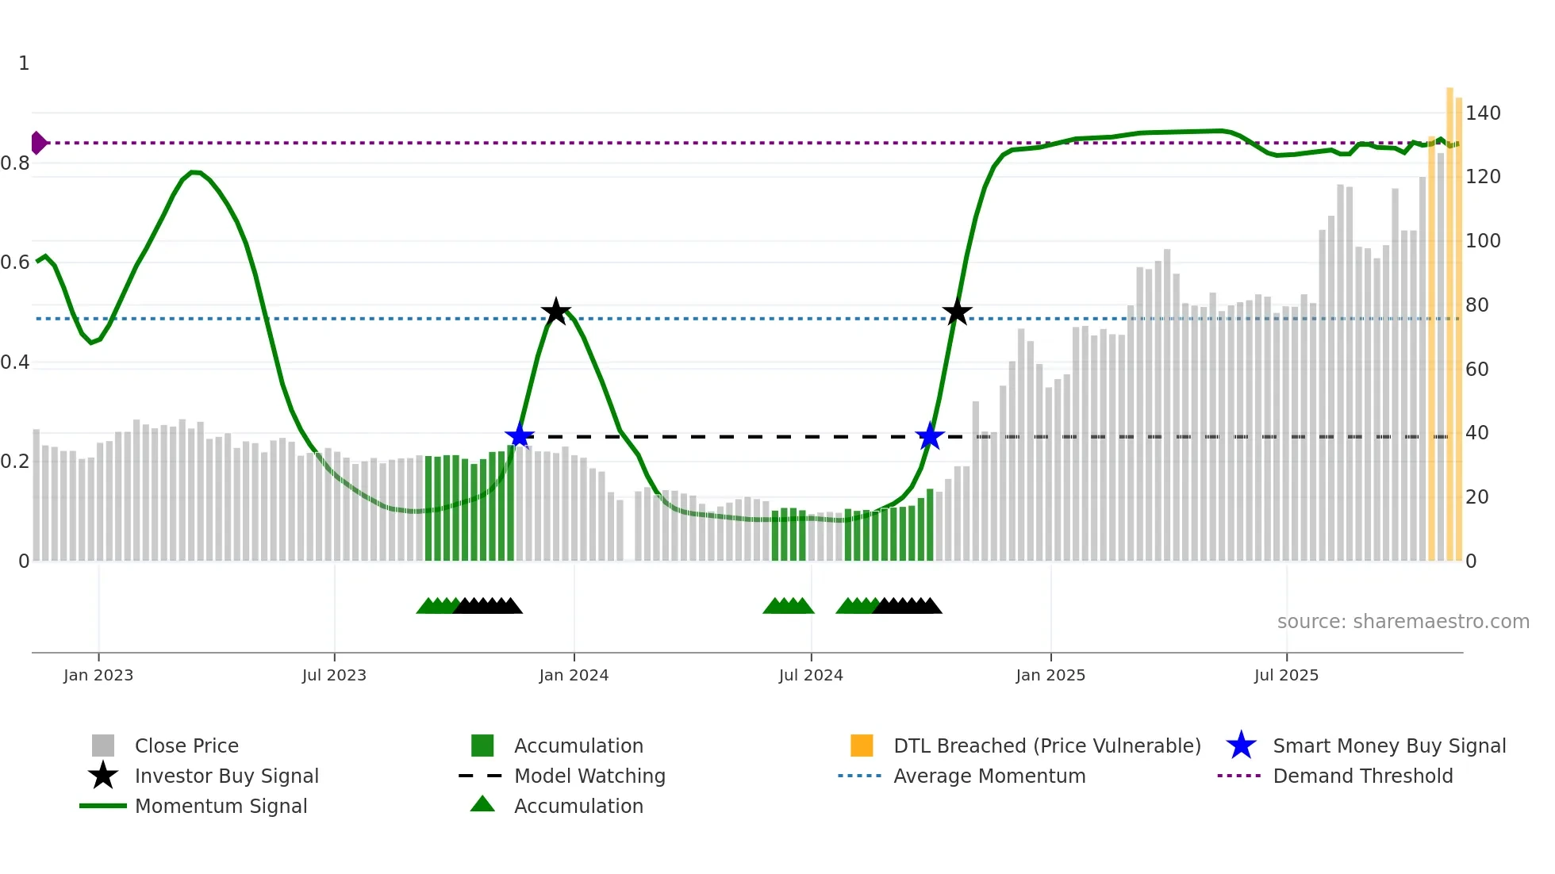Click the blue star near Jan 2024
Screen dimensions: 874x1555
point(520,436)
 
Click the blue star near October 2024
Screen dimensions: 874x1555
point(929,436)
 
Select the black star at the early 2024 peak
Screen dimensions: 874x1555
point(555,312)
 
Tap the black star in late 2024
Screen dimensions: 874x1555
point(957,312)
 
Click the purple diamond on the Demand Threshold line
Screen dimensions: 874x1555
point(38,143)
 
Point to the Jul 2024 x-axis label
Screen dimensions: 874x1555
point(811,675)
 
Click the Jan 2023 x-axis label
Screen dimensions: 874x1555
point(98,675)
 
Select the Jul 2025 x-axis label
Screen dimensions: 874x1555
point(1286,675)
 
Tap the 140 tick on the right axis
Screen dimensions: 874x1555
point(1482,113)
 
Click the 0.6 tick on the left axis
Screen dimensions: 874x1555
point(15,263)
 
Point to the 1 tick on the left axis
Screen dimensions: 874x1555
point(24,63)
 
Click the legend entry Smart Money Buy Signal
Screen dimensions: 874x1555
point(1388,746)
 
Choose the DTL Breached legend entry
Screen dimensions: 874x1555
point(1046,746)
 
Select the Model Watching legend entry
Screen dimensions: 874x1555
point(589,776)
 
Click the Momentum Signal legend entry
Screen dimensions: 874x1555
point(221,806)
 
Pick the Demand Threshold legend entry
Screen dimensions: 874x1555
point(1362,776)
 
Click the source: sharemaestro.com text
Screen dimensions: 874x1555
point(1403,622)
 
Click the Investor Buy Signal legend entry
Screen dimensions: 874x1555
point(226,776)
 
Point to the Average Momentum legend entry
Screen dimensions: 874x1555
point(989,776)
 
